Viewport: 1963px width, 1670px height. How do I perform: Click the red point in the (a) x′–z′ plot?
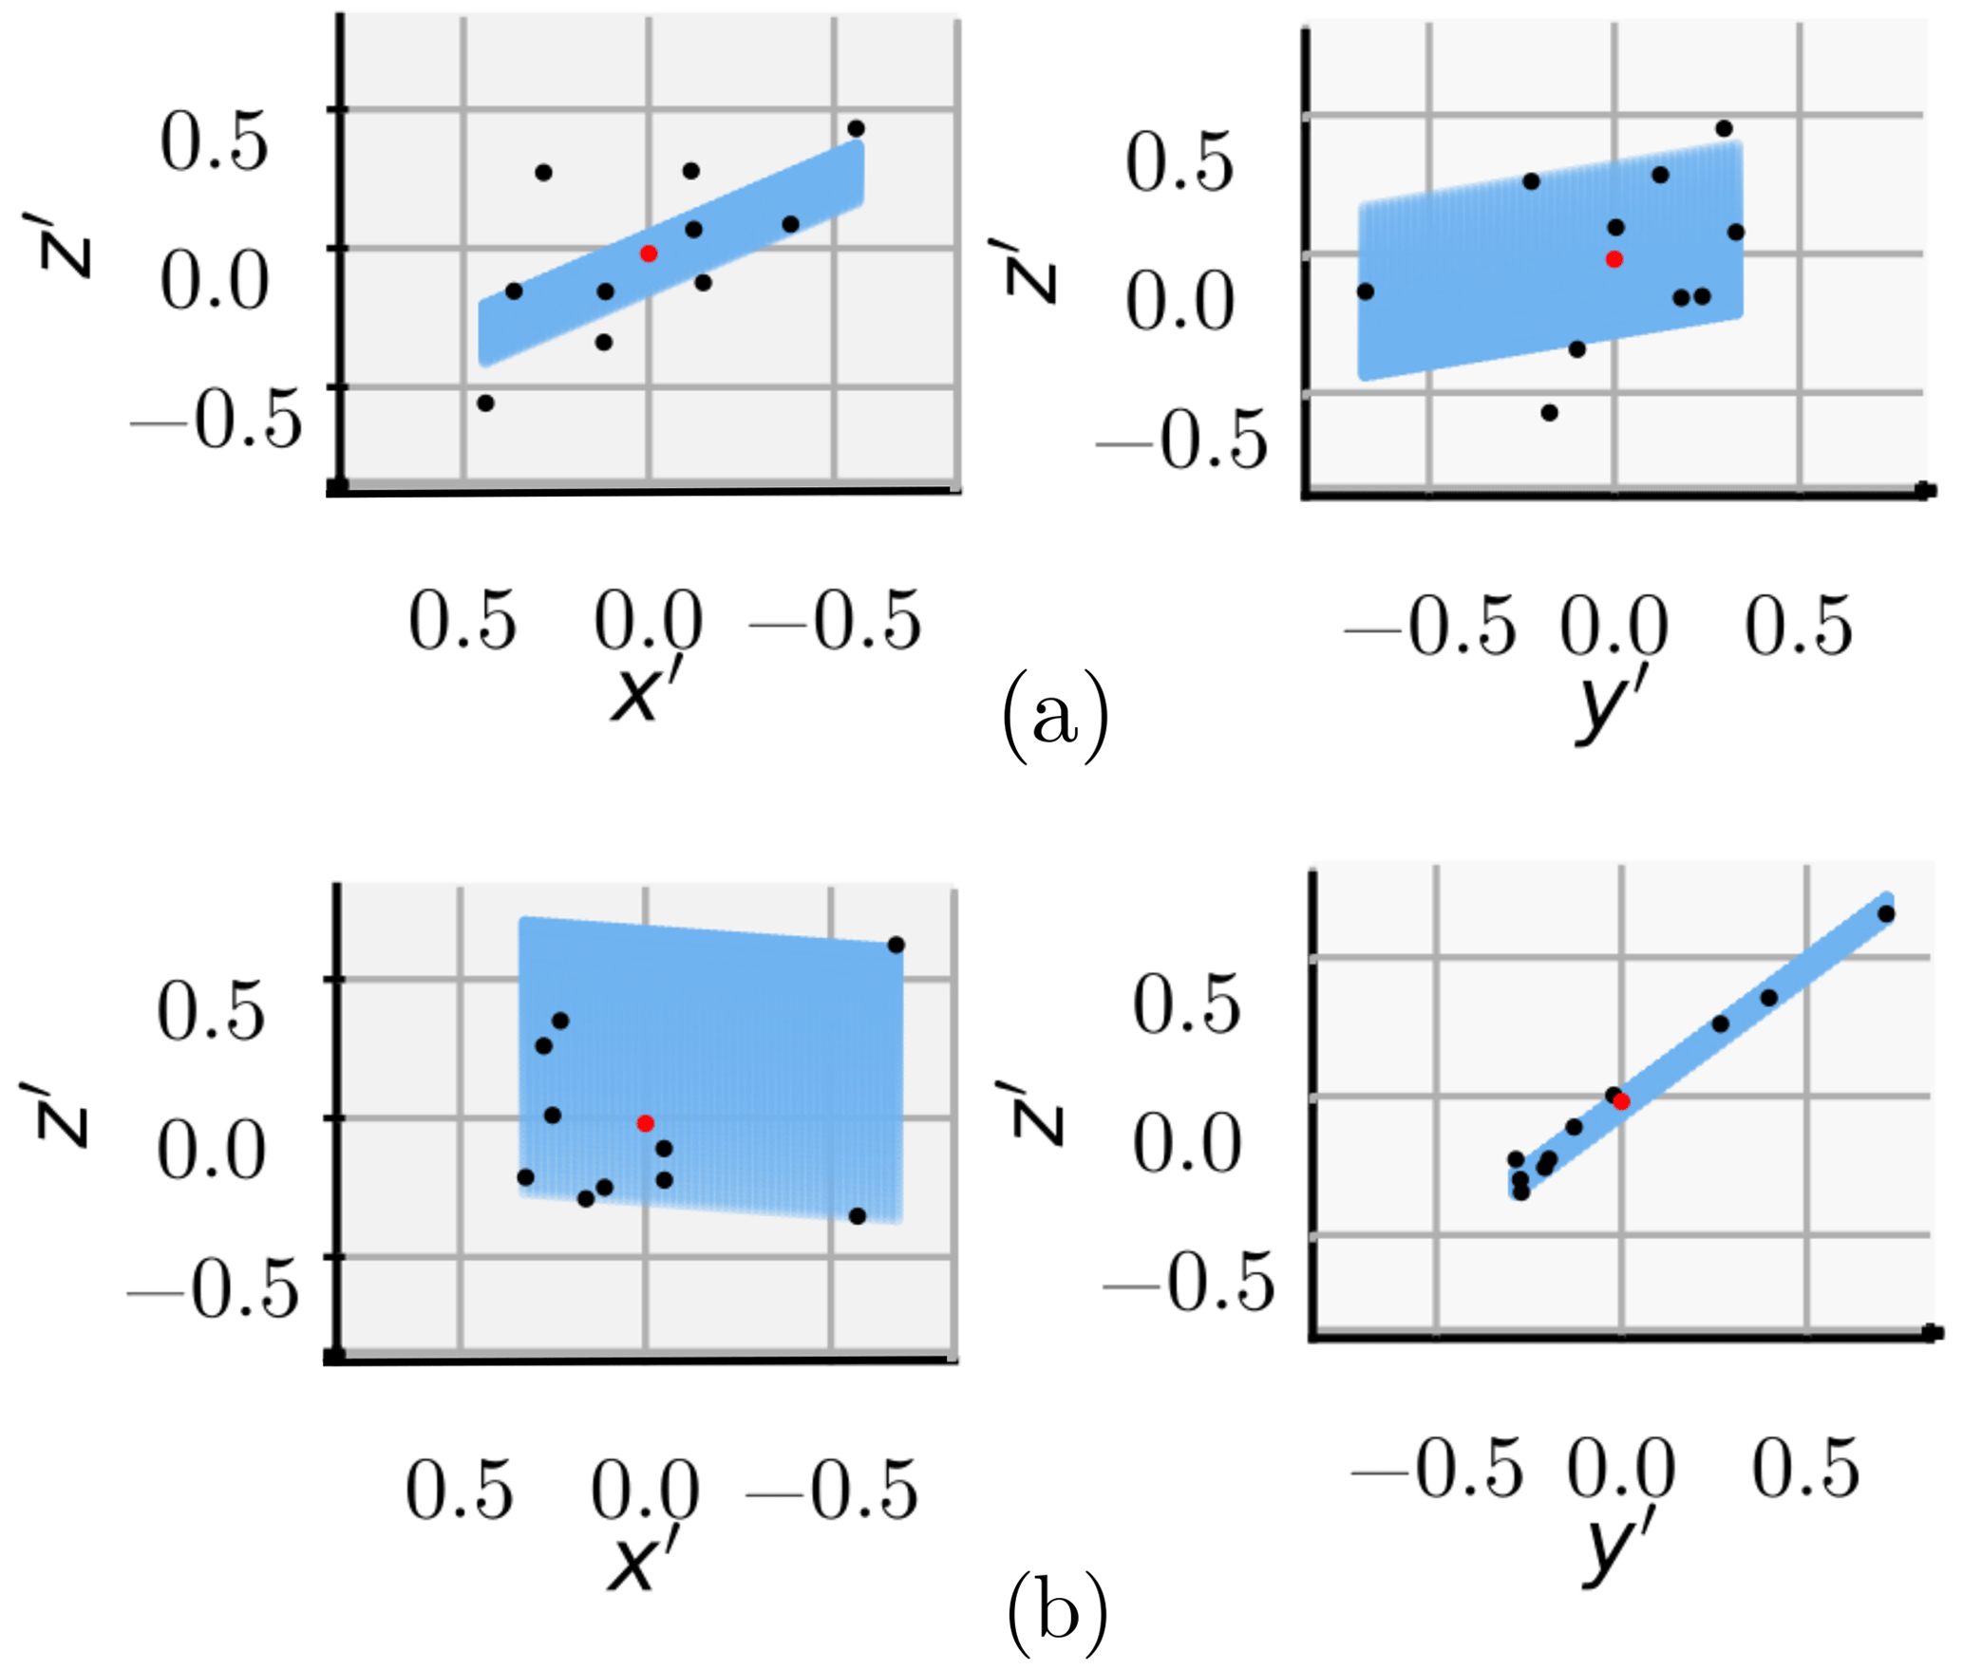click(649, 253)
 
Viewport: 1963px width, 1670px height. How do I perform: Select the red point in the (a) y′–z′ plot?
click(1614, 259)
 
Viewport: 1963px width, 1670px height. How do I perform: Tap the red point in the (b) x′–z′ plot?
click(645, 1123)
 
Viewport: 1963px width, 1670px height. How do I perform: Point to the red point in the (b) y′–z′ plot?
click(1622, 1101)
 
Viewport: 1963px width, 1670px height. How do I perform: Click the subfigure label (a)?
click(1055, 717)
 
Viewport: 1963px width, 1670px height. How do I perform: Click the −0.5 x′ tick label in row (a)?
click(836, 622)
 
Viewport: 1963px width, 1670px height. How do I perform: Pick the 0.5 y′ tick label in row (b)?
click(1805, 1468)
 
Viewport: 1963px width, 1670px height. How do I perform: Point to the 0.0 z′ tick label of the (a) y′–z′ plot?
click(1180, 302)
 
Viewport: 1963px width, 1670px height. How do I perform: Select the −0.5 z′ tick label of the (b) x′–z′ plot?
click(214, 1289)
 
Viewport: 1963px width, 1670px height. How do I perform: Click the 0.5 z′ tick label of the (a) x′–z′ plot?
click(214, 142)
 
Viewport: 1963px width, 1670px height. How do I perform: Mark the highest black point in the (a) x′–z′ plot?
click(856, 129)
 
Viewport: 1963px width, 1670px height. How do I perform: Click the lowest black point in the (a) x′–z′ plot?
click(485, 403)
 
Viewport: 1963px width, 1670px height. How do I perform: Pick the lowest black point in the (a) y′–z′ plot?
click(1549, 413)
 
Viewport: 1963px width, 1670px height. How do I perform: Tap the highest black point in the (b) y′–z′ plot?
click(1886, 914)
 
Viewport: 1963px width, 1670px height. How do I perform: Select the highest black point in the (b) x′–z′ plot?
click(896, 945)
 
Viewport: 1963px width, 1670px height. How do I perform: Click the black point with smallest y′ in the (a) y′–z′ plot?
click(1366, 291)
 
